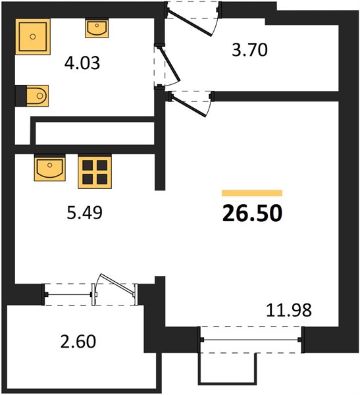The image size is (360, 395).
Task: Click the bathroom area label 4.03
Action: (x=82, y=63)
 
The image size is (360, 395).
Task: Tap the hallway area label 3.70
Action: (x=249, y=50)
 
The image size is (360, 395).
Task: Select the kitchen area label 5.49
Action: (x=85, y=213)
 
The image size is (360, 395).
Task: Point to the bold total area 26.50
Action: (x=252, y=213)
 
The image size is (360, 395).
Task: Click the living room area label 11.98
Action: (x=289, y=310)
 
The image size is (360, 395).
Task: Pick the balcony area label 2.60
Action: (x=78, y=341)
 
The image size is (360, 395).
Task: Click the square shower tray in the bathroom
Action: (x=33, y=37)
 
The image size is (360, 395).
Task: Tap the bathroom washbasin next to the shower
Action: (x=97, y=28)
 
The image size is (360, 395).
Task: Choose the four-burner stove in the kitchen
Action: (x=95, y=172)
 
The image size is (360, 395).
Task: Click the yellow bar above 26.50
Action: (x=252, y=193)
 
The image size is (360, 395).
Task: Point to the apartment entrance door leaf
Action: (x=190, y=22)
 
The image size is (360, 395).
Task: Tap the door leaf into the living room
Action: (x=189, y=106)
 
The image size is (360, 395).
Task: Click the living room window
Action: (x=251, y=340)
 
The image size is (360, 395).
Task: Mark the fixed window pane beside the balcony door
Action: (x=68, y=294)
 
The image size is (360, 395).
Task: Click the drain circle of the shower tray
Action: (x=32, y=37)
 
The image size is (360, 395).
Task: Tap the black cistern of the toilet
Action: (x=21, y=96)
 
